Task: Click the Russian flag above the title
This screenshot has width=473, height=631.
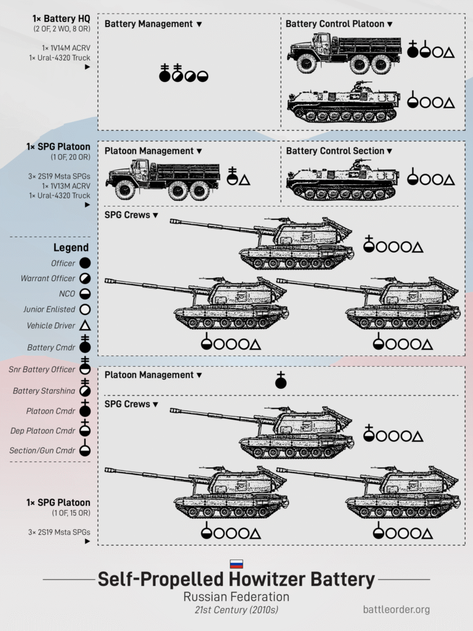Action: click(x=236, y=563)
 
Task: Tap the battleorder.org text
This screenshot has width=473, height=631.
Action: click(x=397, y=609)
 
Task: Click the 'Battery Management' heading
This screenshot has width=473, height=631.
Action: click(x=148, y=24)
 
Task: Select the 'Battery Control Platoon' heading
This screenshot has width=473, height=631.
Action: click(x=334, y=24)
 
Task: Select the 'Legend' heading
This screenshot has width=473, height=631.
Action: click(x=71, y=248)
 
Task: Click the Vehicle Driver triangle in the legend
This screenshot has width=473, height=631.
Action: click(x=85, y=325)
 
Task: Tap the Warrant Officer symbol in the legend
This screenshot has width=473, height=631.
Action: click(x=85, y=279)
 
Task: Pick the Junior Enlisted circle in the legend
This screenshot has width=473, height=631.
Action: click(x=85, y=309)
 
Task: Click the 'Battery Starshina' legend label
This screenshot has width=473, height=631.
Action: click(x=44, y=391)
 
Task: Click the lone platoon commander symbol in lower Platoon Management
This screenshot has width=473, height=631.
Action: click(x=281, y=380)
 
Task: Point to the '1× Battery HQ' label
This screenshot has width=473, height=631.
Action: click(x=61, y=18)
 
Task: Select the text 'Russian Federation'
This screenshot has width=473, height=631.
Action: click(x=236, y=596)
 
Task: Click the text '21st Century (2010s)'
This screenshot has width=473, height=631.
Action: click(x=236, y=610)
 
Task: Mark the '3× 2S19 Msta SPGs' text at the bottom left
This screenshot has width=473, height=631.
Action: click(x=59, y=532)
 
